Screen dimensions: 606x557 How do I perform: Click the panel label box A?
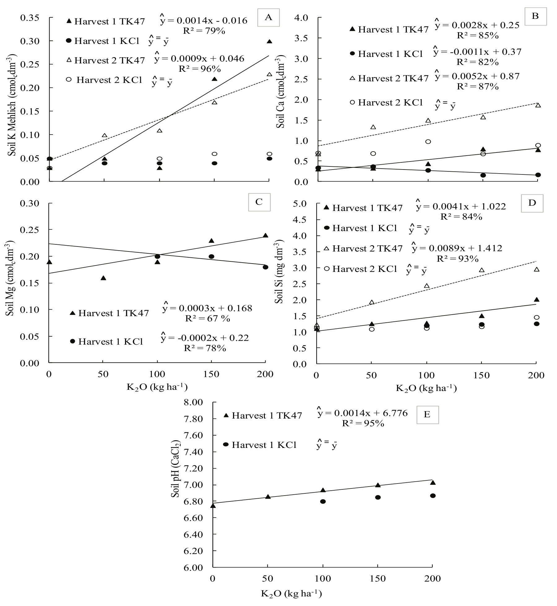[x=268, y=17]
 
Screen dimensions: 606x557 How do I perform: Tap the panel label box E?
[x=427, y=415]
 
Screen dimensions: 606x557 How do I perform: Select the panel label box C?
[x=259, y=202]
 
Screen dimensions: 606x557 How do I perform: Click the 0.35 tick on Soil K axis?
[x=30, y=18]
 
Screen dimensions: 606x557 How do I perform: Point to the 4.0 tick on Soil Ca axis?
[x=301, y=18]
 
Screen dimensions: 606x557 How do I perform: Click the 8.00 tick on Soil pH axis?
[x=193, y=402]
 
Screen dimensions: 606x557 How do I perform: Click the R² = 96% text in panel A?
[x=199, y=68]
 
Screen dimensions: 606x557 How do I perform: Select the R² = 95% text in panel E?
[x=363, y=423]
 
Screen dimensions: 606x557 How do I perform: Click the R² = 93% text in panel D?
[x=457, y=259]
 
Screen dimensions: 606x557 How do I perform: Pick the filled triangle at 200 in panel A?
[x=269, y=41]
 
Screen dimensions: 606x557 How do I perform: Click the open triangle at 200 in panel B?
[x=538, y=105]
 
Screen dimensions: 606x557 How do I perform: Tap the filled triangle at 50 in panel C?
[x=103, y=278]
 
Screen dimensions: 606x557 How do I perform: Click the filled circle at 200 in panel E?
[x=433, y=496]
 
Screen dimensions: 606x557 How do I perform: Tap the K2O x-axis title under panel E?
[x=291, y=593]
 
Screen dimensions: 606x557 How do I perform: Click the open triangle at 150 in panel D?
[x=481, y=270]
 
